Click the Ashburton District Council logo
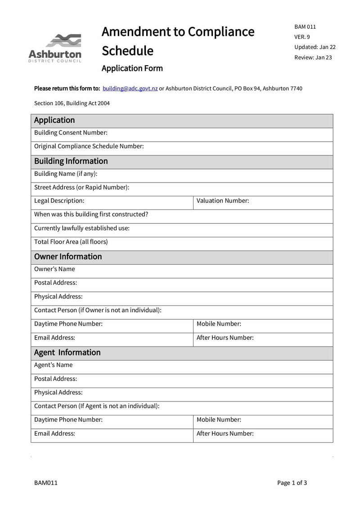point(55,48)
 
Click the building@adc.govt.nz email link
point(130,89)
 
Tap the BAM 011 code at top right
point(305,27)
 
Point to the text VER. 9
point(302,37)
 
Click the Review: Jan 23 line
point(313,57)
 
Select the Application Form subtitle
point(132,68)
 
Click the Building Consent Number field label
point(71,133)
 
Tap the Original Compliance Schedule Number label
point(89,146)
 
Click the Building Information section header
point(71,161)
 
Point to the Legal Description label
point(59,201)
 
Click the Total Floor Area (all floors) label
point(71,242)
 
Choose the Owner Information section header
point(68,257)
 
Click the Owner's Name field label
point(54,269)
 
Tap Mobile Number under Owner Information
point(219,324)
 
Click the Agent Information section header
point(67,352)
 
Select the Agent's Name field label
point(53,365)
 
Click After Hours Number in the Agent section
point(225,434)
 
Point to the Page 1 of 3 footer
point(292,483)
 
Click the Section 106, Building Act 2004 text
point(72,103)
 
